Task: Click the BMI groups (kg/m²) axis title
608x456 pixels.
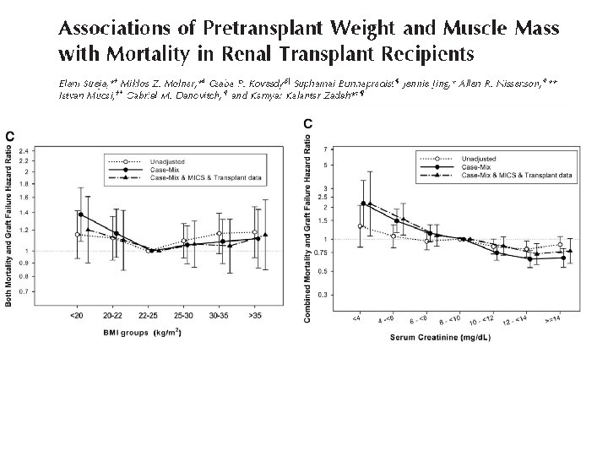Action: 139,333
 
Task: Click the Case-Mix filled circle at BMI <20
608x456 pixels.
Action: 80,214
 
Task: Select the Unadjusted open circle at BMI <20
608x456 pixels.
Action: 78,234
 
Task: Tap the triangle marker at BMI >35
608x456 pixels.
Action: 264,235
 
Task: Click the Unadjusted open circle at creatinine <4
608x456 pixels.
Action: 361,226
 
